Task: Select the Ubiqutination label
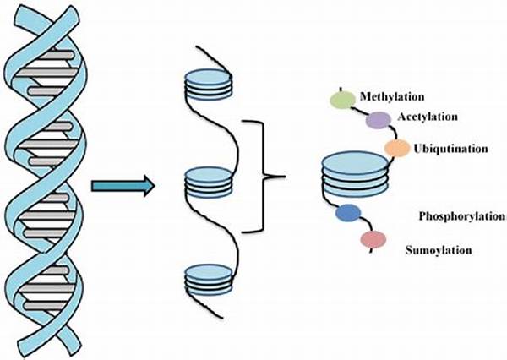(451, 149)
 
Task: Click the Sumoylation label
(439, 249)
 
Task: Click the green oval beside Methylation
(342, 101)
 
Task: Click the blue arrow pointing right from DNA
(123, 185)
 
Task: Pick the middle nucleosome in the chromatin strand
(207, 179)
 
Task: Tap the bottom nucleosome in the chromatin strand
(207, 278)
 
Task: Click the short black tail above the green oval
(341, 89)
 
